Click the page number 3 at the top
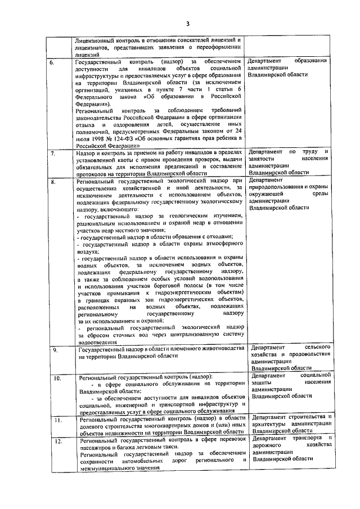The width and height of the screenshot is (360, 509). [x=189, y=23]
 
